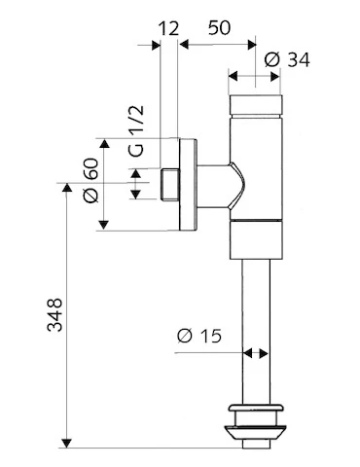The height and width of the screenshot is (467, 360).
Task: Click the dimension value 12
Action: [168, 28]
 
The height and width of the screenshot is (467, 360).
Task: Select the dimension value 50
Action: [219, 27]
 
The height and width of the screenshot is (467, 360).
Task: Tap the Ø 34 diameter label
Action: [287, 60]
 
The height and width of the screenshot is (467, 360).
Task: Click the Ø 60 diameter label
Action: [90, 180]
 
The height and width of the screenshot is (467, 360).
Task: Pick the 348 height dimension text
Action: [54, 314]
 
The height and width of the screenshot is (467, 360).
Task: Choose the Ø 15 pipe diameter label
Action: [199, 336]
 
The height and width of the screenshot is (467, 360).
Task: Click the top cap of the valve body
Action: [256, 105]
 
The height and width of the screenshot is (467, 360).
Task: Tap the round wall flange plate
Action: [188, 185]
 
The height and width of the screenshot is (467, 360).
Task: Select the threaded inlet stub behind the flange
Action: [169, 184]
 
